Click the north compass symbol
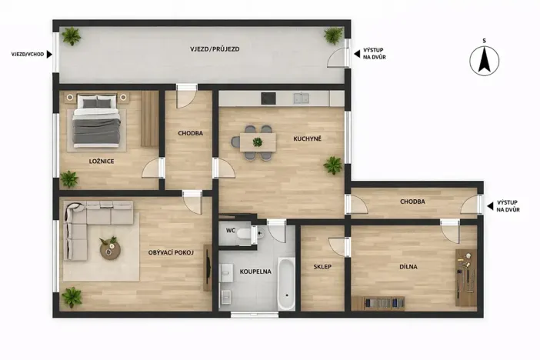484,61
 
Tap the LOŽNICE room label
102,162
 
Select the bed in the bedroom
97,121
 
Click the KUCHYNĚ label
307,138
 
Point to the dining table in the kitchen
258,142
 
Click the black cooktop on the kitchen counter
268,98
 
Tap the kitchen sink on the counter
301,98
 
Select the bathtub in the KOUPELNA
286,284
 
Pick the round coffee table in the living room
110,249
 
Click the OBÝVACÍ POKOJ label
171,252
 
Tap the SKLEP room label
322,267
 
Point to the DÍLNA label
408,267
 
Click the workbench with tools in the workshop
466,278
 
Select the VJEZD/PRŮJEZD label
215,49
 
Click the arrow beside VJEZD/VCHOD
49,55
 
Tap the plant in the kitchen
333,165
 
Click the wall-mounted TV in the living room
208,268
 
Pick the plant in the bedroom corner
69,179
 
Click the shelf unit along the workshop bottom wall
378,303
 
